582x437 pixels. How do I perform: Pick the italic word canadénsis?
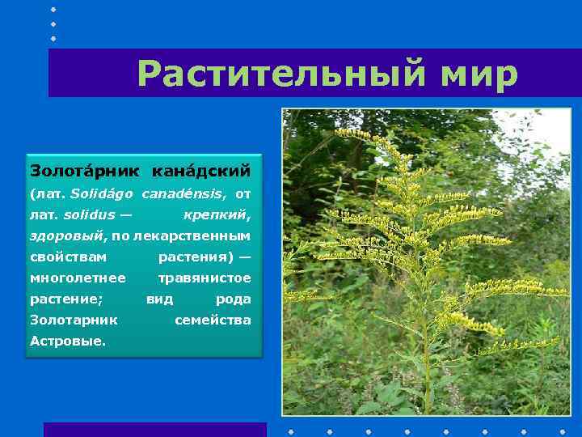[x=183, y=194]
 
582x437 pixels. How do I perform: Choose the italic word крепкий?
[x=217, y=215]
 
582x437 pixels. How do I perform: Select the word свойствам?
[x=68, y=257]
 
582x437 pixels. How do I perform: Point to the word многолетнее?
[x=78, y=278]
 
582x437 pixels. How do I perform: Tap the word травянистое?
[x=205, y=278]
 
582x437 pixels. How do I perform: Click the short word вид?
[x=159, y=299]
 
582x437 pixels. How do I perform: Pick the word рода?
[x=233, y=299]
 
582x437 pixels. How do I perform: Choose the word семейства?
[x=213, y=320]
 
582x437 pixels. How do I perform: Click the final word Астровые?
[x=67, y=342]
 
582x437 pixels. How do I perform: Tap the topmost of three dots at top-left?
[x=53, y=9]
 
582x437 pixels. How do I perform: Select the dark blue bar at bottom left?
[x=154, y=430]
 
